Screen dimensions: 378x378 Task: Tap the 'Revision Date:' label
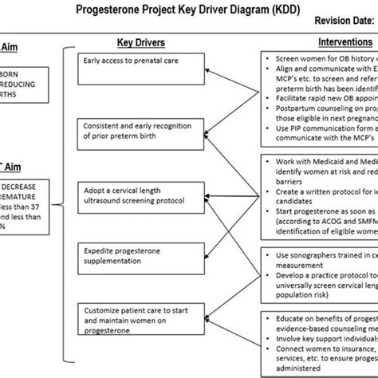pyautogui.click(x=327, y=23)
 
